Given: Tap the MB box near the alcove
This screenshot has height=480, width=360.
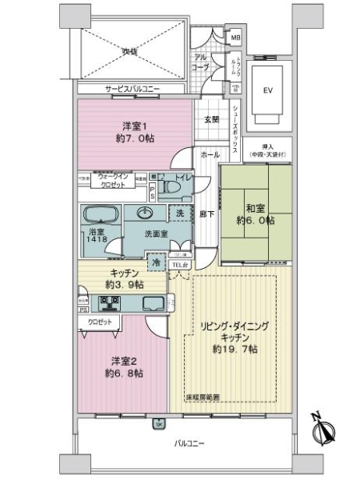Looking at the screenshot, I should click(235, 38).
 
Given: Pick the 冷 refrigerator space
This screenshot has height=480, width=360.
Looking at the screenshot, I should click(157, 261).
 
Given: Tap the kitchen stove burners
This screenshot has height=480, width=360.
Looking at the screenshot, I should click(108, 303).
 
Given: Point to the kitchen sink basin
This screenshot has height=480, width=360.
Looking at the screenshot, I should click(150, 303).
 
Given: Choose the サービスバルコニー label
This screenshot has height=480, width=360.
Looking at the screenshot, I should click(133, 90).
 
